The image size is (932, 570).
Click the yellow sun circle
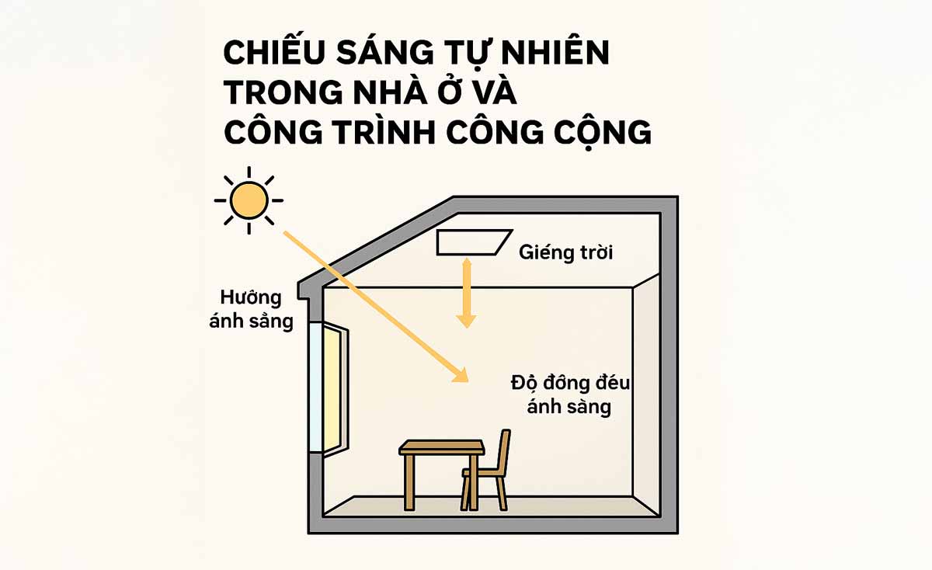[249, 200]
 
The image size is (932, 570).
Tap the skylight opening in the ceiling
[475, 242]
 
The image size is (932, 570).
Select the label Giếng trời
[566, 252]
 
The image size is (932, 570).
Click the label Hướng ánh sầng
[251, 309]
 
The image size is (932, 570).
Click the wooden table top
[442, 447]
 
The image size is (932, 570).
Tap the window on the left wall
[329, 388]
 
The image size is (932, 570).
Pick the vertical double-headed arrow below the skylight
[466, 292]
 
